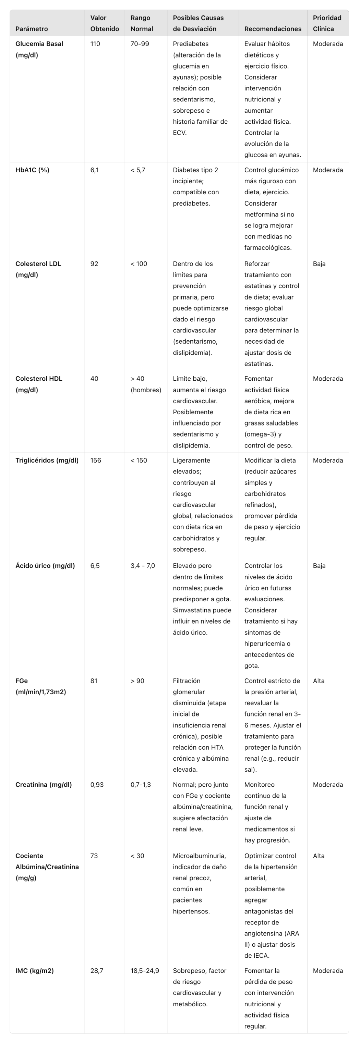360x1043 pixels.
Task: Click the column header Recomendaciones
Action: point(273,29)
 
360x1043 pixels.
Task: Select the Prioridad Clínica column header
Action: point(327,23)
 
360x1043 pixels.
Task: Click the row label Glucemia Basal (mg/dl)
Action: point(39,49)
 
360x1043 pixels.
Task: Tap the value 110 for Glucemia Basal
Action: point(95,44)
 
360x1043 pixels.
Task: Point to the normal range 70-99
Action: point(140,44)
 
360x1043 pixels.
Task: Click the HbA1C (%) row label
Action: point(32,170)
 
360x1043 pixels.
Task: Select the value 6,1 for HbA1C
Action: point(94,170)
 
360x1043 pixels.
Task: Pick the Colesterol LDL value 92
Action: point(94,263)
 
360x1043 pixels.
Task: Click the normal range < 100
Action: point(139,263)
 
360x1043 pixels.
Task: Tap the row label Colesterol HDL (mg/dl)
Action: point(39,384)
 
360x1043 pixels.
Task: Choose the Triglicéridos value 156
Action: point(96,461)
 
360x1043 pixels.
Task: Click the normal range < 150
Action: point(139,461)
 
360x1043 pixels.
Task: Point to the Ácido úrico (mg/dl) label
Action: point(45,566)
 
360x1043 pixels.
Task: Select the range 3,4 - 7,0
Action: point(143,566)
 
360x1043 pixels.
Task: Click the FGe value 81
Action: point(94,680)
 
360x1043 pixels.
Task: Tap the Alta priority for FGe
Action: point(319,680)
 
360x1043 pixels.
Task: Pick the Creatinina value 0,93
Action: point(97,784)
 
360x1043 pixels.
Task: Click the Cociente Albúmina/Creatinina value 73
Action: point(94,856)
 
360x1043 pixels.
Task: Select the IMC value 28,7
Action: point(97,970)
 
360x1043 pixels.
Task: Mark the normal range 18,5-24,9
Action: point(145,970)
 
